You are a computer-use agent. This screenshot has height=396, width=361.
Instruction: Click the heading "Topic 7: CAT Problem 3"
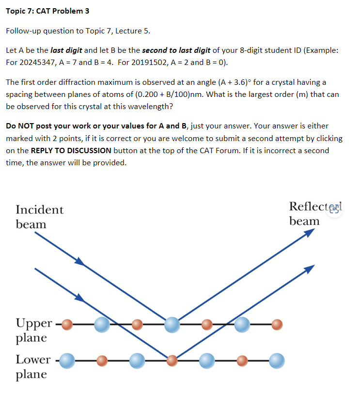tap(41, 11)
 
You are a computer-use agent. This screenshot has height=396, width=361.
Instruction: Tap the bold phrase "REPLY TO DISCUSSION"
tap(71, 150)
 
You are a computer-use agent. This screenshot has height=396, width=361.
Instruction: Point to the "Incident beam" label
tap(39, 217)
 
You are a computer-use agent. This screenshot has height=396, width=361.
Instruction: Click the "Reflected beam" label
tap(310, 213)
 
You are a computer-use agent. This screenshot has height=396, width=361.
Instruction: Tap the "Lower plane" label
tap(33, 366)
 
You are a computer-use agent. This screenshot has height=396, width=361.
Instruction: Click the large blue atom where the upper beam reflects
tap(172, 324)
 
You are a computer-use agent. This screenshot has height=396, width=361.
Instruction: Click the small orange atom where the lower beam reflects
tap(172, 360)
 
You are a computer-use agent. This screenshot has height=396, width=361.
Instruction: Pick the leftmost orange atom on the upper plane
tap(68, 323)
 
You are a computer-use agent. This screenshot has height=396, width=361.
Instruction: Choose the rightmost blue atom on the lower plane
tap(277, 360)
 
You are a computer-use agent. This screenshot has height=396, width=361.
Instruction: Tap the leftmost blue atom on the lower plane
tap(67, 360)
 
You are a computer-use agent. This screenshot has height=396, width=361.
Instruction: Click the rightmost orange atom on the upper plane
tap(277, 323)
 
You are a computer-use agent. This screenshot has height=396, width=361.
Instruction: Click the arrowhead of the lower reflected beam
tap(310, 268)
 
